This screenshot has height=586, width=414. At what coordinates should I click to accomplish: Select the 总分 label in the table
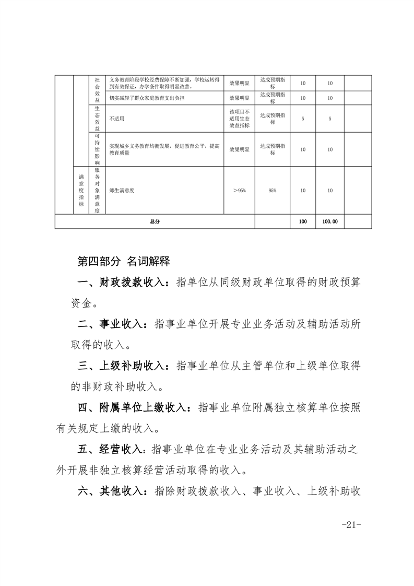click(x=155, y=221)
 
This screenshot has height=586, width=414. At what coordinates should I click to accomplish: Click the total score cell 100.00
click(x=330, y=221)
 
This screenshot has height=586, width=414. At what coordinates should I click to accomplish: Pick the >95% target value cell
click(x=239, y=191)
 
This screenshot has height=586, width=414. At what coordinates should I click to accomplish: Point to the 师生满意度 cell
click(x=122, y=191)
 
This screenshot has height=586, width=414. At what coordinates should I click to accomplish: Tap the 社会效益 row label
click(x=97, y=90)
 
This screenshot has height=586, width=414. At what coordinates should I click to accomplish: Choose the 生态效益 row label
click(x=97, y=119)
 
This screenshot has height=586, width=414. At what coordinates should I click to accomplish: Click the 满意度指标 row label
click(x=81, y=191)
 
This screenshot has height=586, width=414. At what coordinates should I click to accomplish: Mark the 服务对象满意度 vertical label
click(x=97, y=191)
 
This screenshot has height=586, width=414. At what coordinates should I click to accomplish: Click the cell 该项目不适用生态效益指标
click(x=239, y=119)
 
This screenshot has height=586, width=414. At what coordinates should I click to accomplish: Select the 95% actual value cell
click(x=273, y=191)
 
